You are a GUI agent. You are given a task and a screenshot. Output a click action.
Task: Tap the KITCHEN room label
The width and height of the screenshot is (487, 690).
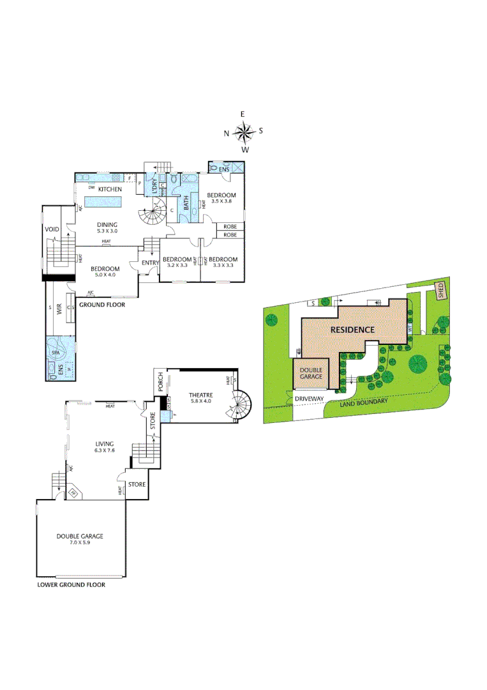point(110,189)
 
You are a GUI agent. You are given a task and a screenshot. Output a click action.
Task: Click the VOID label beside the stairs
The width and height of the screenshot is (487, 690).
point(52,229)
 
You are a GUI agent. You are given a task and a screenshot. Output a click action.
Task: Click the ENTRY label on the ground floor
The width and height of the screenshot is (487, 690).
point(150,263)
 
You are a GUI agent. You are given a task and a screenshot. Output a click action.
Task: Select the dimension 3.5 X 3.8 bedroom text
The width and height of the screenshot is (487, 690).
point(221,201)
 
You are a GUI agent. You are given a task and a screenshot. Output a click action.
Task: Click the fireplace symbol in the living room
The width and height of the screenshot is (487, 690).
point(73,492)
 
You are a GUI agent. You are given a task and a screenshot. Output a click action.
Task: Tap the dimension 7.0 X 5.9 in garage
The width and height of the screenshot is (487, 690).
point(80,544)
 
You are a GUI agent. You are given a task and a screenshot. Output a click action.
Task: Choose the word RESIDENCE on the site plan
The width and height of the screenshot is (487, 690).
point(352,330)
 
